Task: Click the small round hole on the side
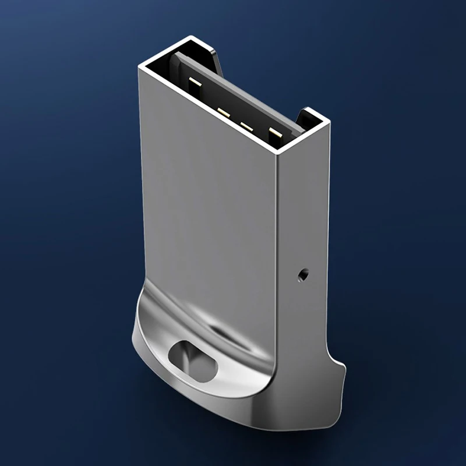tap(302, 273)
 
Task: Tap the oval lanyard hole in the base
tap(192, 359)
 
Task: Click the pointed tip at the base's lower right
tap(343, 368)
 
